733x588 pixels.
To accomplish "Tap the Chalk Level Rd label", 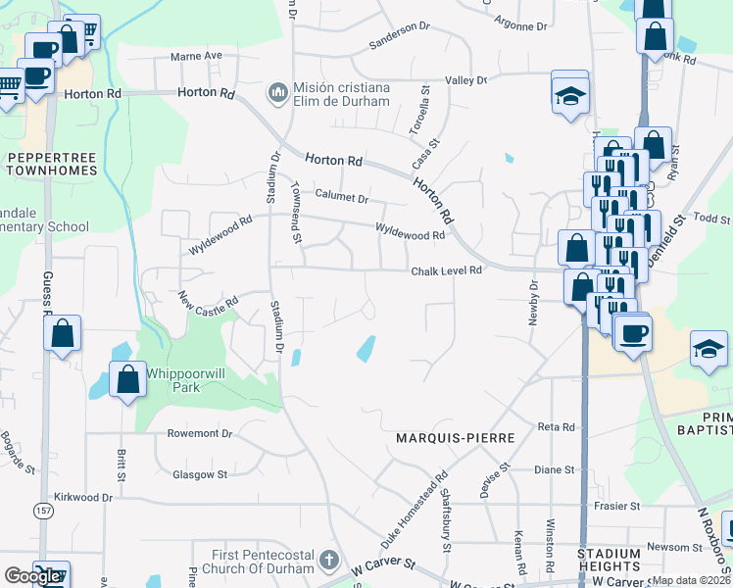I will pyautogui.click(x=447, y=270).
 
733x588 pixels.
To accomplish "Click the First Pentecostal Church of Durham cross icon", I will pyautogui.click(x=329, y=563).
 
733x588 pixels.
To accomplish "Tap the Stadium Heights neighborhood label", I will pyautogui.click(x=609, y=561).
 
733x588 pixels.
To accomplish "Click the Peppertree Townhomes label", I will pyautogui.click(x=50, y=163).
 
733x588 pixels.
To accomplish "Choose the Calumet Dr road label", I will pyautogui.click(x=341, y=199).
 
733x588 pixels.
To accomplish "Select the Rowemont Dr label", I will pyautogui.click(x=199, y=433).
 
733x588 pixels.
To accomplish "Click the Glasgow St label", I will pyautogui.click(x=200, y=474).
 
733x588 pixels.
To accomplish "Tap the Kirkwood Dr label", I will pyautogui.click(x=83, y=498).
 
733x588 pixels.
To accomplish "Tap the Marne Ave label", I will pyautogui.click(x=196, y=57).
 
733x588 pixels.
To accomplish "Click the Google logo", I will pyautogui.click(x=32, y=576).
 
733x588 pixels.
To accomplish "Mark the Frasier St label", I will pyautogui.click(x=616, y=507).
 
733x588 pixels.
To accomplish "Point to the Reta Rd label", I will pyautogui.click(x=556, y=427).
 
